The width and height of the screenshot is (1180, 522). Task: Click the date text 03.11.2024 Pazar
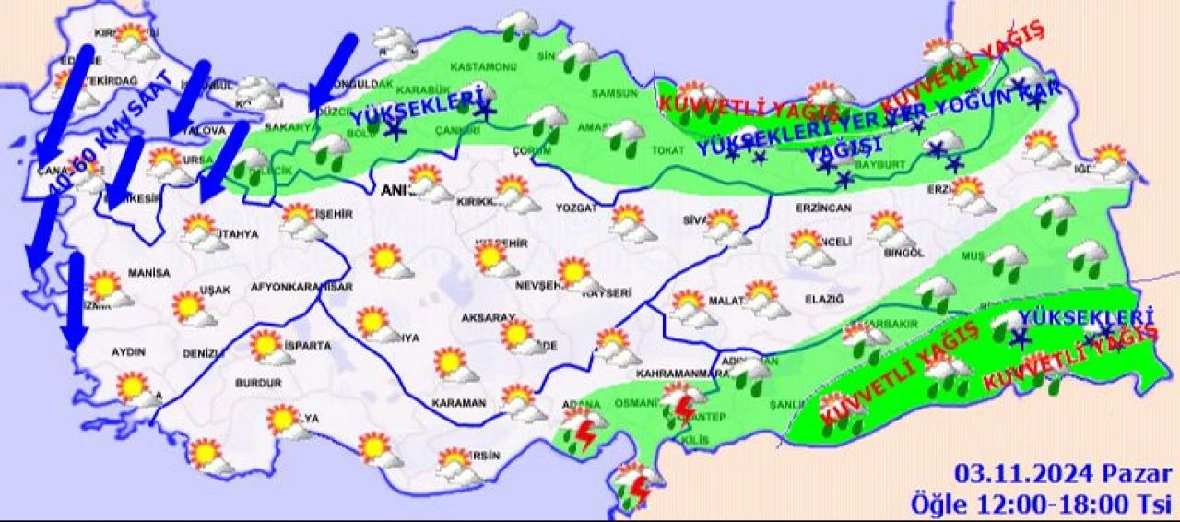pyautogui.click(x=1063, y=475)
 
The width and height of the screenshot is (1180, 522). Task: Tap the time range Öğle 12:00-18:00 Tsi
pyautogui.click(x=1042, y=504)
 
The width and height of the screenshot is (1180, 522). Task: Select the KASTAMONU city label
pyautogui.click(x=483, y=67)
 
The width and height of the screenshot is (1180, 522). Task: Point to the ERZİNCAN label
pyautogui.click(x=822, y=208)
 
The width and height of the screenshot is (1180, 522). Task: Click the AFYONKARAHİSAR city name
pyautogui.click(x=301, y=287)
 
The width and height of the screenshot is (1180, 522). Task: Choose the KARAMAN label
pyautogui.click(x=459, y=403)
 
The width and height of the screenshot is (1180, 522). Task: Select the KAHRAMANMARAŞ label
pyautogui.click(x=678, y=374)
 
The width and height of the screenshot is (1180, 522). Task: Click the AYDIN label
pyautogui.click(x=128, y=351)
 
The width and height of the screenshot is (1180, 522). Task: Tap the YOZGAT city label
pyautogui.click(x=576, y=208)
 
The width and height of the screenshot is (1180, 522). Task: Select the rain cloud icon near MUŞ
pyautogui.click(x=1008, y=262)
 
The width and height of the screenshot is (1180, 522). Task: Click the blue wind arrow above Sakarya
pyautogui.click(x=332, y=70)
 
